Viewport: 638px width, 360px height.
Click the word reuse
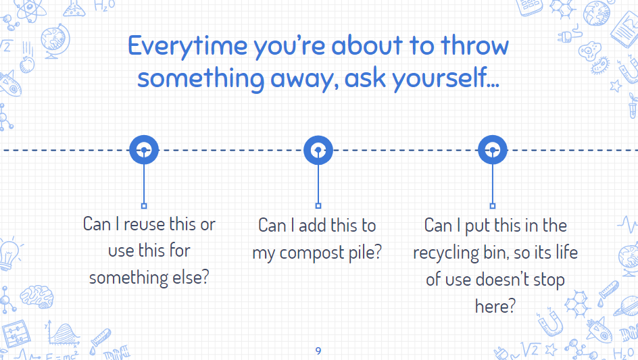pos(145,224)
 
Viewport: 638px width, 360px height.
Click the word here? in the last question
pos(495,306)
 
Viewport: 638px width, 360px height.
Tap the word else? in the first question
pos(191,278)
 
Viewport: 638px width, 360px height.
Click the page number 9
pos(318,351)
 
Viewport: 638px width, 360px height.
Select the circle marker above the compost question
pos(318,150)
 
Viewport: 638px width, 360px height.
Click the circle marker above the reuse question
pos(144,150)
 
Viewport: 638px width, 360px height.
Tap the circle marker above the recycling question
pos(492,150)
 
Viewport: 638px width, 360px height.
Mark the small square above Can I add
pos(318,206)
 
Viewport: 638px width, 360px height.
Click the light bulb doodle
pos(9,254)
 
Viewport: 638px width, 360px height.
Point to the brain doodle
pos(36,296)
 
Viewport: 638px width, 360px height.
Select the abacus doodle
pos(16,334)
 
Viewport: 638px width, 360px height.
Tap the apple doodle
pos(27,64)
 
